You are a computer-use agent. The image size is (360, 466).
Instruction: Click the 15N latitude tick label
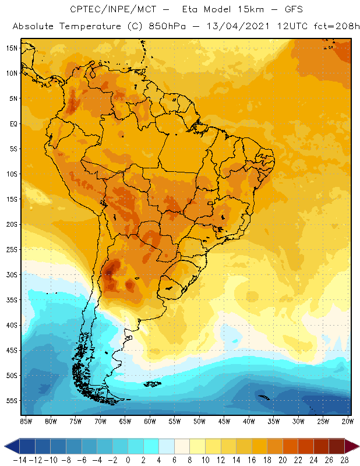11,48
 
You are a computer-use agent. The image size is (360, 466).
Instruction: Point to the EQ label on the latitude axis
12,123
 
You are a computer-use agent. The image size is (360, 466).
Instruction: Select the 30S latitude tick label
11,274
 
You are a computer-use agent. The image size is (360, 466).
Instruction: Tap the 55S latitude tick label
11,401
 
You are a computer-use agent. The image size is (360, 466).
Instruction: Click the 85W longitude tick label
26,421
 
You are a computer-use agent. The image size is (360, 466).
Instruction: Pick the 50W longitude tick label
199,421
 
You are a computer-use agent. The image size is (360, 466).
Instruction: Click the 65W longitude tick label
125,421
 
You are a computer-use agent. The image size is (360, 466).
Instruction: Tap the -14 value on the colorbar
20,460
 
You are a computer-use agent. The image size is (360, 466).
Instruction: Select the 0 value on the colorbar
128,460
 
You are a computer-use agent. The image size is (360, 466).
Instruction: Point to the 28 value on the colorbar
344,460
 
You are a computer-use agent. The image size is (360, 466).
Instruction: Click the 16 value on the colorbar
251,460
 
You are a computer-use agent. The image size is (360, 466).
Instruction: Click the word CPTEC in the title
85,10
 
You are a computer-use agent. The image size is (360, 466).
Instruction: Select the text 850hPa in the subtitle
150,27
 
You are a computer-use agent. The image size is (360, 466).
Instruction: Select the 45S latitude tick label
11,350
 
